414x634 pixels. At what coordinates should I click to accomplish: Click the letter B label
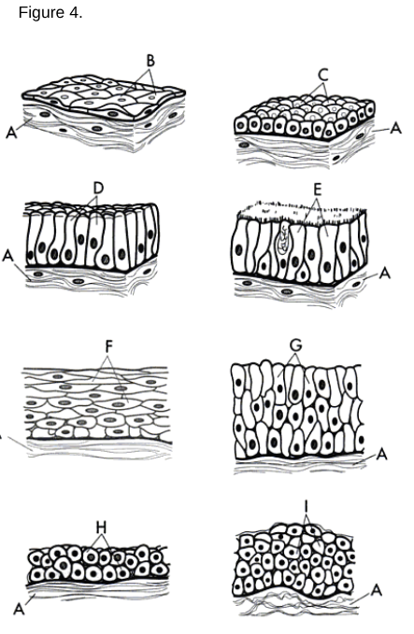(149, 61)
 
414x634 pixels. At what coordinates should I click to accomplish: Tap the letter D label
(97, 187)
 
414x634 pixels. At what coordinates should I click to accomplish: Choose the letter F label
(109, 345)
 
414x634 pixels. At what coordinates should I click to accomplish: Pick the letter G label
(295, 345)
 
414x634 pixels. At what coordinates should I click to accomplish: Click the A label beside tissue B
(12, 134)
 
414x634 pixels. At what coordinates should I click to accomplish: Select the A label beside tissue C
(395, 128)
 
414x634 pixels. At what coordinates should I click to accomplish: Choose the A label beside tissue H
(20, 609)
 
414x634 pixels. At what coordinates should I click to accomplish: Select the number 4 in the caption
(74, 15)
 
